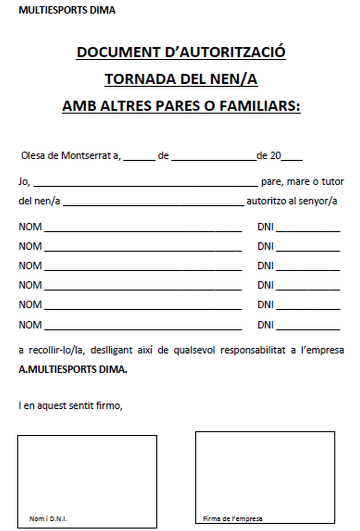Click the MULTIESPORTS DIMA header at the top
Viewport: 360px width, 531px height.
(x=67, y=10)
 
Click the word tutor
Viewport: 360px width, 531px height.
(x=333, y=182)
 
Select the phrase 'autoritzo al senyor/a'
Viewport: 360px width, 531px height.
(x=292, y=201)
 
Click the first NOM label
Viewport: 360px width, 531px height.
(x=30, y=227)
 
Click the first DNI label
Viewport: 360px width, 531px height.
(x=265, y=227)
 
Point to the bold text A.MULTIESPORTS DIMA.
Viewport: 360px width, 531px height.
(x=73, y=369)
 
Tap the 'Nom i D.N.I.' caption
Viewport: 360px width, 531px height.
(x=48, y=519)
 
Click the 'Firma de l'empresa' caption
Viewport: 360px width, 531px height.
(x=232, y=519)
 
